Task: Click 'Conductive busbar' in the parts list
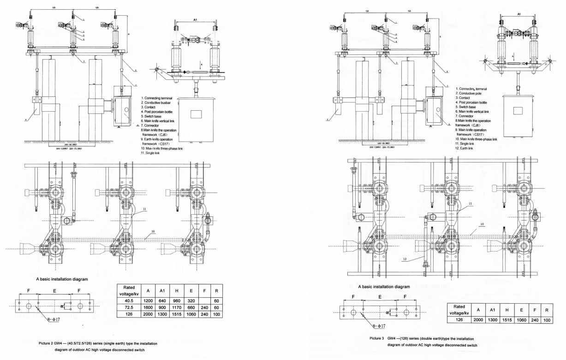[159, 102]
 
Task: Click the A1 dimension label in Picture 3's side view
[518, 14]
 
